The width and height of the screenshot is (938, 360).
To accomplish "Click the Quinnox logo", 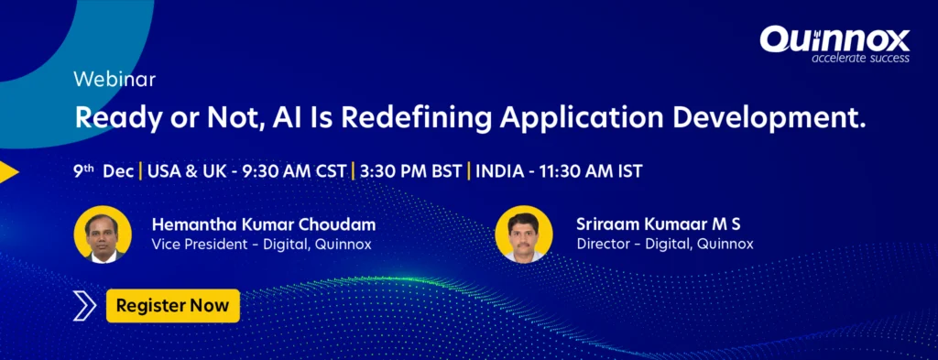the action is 834,44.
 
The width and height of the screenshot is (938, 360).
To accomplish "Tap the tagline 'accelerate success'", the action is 860,58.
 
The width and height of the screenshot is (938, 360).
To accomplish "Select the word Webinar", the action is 115,80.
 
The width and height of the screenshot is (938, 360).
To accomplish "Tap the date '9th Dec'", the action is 104,171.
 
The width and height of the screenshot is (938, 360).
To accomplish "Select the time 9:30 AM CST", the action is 293,171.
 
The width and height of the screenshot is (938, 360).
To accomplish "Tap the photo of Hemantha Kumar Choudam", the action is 103,235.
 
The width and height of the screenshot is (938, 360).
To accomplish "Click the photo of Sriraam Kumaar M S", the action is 524,234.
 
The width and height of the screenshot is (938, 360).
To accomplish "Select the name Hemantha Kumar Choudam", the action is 264,224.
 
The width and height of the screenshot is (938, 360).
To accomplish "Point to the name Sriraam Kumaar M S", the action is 658,224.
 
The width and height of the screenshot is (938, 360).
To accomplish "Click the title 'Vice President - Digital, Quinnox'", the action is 261,244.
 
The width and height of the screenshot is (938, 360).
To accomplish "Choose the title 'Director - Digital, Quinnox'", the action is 665,244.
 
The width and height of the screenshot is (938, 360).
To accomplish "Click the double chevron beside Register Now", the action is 84,306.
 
